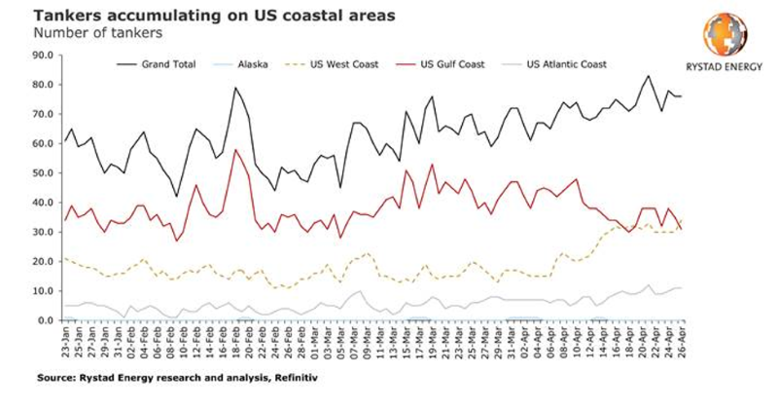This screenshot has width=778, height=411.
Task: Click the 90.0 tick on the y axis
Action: (44, 56)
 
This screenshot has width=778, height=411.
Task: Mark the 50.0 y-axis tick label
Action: (44, 172)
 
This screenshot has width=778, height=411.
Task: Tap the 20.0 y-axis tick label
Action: (44, 261)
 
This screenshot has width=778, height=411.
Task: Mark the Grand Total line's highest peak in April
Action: (649, 76)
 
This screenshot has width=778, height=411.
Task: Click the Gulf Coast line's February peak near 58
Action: (234, 150)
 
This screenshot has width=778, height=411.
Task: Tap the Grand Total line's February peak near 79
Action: (234, 88)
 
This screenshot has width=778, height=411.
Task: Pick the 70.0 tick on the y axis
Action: (44, 114)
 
